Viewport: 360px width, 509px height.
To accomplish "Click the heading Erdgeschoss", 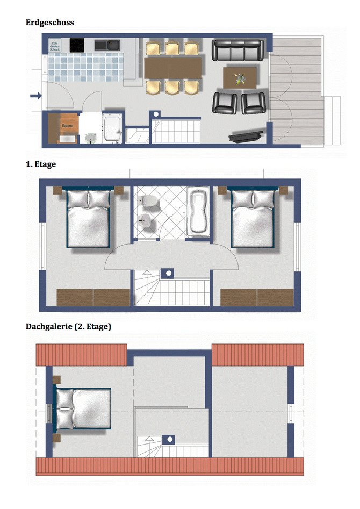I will coord(50,23).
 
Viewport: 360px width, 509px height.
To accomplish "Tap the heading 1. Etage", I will coord(41,164).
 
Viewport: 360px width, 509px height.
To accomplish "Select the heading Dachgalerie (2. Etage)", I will coord(68,326).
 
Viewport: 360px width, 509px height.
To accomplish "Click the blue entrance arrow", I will coord(35,96).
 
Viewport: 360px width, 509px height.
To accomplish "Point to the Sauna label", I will coord(67,126).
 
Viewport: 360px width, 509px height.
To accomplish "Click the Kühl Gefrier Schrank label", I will coord(54,46).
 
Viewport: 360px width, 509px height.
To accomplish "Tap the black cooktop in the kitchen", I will coord(77,44).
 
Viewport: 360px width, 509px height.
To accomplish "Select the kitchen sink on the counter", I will coord(109,45).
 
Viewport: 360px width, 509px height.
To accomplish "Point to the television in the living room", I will coord(246,136).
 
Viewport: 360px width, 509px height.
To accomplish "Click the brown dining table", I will coord(172,67).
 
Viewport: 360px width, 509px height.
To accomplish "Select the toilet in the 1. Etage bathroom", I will coord(148,202).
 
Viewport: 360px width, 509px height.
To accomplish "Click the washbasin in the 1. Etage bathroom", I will coord(145,220).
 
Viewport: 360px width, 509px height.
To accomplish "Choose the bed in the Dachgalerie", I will coord(83,409).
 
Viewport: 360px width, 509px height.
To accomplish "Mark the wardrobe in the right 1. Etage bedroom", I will coord(257,297).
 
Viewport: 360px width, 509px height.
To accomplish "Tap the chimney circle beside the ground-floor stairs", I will coord(157,114).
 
